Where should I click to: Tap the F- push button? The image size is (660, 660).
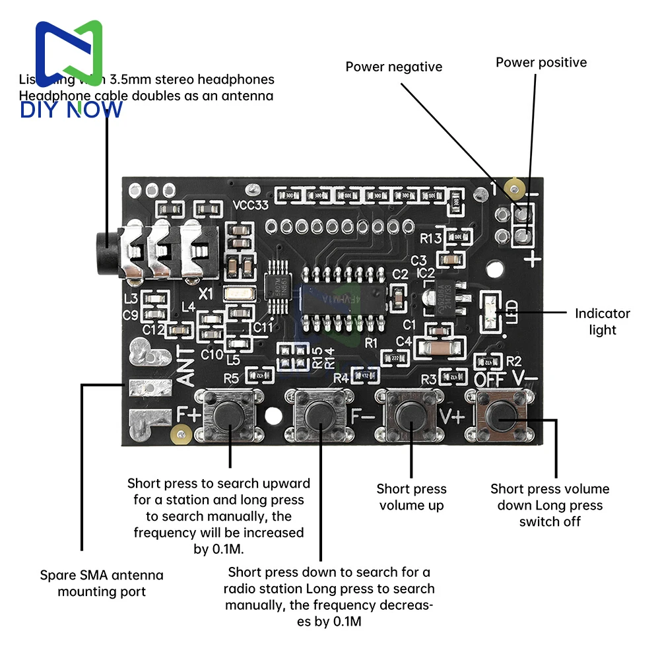click(x=320, y=416)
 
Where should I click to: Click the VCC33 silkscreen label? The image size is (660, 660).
click(x=251, y=205)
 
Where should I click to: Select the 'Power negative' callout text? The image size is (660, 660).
click(x=394, y=67)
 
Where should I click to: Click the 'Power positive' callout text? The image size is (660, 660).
click(x=541, y=63)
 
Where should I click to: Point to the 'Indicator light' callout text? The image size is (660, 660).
click(x=602, y=321)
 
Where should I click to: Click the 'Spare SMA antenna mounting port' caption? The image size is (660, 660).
click(x=102, y=583)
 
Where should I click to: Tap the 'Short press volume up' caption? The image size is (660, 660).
click(x=411, y=497)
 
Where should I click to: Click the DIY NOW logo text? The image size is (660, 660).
click(x=71, y=110)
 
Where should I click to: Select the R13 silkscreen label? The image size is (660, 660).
click(x=431, y=238)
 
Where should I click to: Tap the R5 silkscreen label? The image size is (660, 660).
click(x=231, y=378)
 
